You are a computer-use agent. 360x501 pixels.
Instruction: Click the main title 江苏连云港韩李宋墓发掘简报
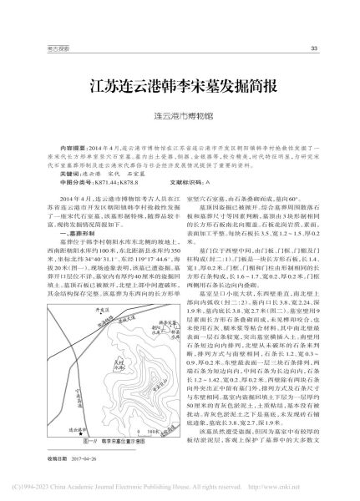(180, 86)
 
